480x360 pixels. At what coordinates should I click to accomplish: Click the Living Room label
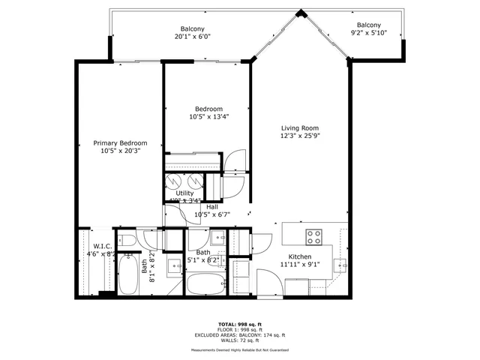point(300,127)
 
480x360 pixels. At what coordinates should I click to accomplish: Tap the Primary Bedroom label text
point(120,142)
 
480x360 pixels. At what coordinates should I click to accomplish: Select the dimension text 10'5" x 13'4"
point(208,116)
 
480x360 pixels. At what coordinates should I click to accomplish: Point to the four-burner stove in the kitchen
point(315,237)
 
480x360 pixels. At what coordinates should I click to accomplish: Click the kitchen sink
point(340,264)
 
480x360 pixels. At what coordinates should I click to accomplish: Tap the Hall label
point(212,206)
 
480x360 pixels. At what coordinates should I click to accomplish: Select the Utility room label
point(184,193)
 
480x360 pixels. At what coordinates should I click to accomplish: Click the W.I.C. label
point(103,246)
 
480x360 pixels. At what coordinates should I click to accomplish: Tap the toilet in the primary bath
point(127,240)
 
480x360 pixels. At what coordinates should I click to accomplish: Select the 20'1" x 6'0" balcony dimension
point(193,36)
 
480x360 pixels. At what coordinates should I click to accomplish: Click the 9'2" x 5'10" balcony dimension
point(369,33)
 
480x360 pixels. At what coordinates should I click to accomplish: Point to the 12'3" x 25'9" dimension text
point(300,136)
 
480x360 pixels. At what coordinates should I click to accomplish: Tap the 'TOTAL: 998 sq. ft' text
point(240,323)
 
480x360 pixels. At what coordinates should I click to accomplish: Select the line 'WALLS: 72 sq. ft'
point(240,341)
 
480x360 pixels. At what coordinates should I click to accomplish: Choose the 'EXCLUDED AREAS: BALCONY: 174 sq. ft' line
point(240,335)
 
